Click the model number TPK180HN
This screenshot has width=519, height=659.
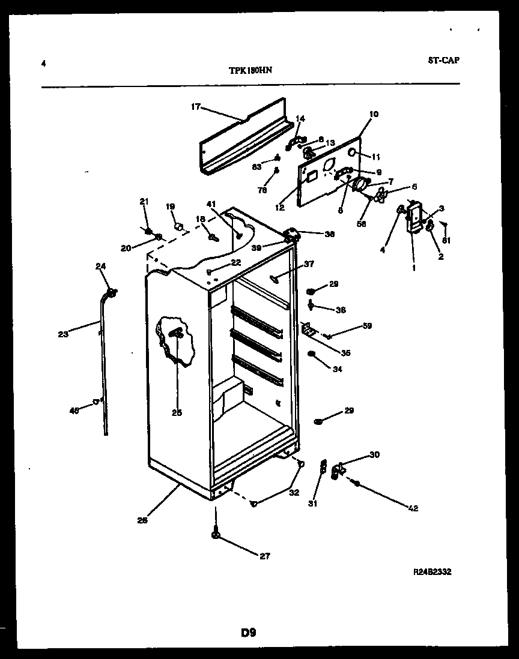250,70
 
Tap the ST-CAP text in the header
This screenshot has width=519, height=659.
445,60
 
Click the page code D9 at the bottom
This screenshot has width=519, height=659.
249,633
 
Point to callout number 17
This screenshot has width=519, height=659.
195,107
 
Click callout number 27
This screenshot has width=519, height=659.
264,556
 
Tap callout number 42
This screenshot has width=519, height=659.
413,508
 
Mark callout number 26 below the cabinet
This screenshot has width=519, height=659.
142,520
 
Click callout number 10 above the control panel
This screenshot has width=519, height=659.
374,113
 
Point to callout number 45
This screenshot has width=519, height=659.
74,411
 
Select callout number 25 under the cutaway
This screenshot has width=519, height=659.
177,412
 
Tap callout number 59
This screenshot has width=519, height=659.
367,326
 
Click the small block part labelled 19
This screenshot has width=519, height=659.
178,227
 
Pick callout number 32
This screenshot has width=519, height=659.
294,493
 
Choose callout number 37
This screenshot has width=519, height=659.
309,263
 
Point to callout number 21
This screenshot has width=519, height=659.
144,201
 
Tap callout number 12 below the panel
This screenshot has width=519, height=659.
280,208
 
